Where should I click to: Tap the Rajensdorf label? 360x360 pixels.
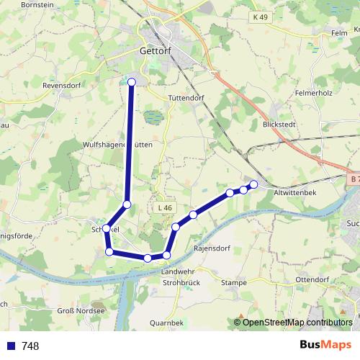tap(211, 248)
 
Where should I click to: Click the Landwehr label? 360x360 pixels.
tap(179, 271)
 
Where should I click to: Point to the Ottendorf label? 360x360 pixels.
tap(312, 279)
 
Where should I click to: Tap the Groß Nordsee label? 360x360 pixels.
tap(81, 311)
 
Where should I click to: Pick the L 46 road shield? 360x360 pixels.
tap(165, 208)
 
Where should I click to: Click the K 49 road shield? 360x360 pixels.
tap(260, 17)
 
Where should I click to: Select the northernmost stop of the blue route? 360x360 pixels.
tap(132, 82)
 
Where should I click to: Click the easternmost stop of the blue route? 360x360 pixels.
tap(253, 184)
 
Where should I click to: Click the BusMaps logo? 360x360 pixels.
tap(325, 345)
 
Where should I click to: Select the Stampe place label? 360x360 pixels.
tap(234, 283)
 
